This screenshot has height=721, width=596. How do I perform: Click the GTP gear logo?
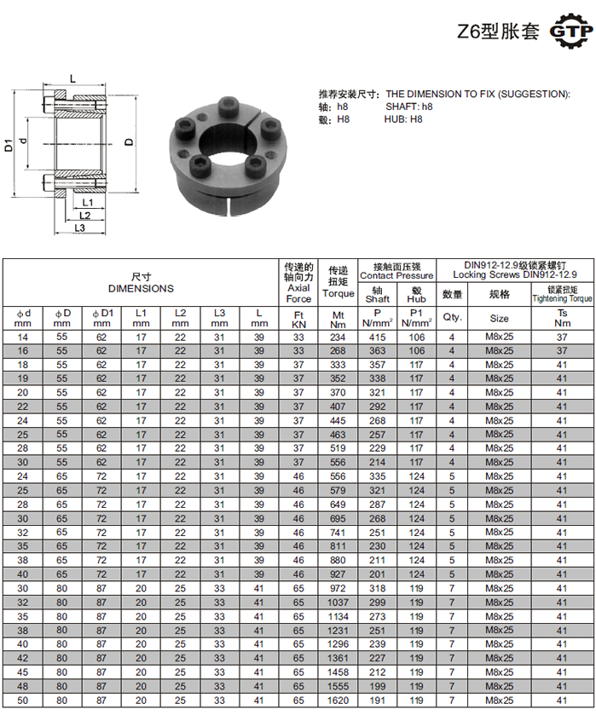tap(570, 31)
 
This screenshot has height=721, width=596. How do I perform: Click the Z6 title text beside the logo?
tap(498, 32)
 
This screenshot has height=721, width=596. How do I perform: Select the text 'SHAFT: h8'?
tap(408, 107)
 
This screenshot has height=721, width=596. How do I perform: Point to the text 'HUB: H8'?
tap(403, 119)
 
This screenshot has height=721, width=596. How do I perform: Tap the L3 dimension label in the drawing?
tap(79, 228)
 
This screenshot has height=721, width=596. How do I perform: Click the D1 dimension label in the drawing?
tap(9, 145)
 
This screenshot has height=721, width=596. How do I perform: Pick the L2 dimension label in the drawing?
tap(84, 216)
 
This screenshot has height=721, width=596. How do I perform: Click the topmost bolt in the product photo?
tap(228, 106)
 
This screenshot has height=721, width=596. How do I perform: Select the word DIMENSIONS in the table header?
tap(141, 289)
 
